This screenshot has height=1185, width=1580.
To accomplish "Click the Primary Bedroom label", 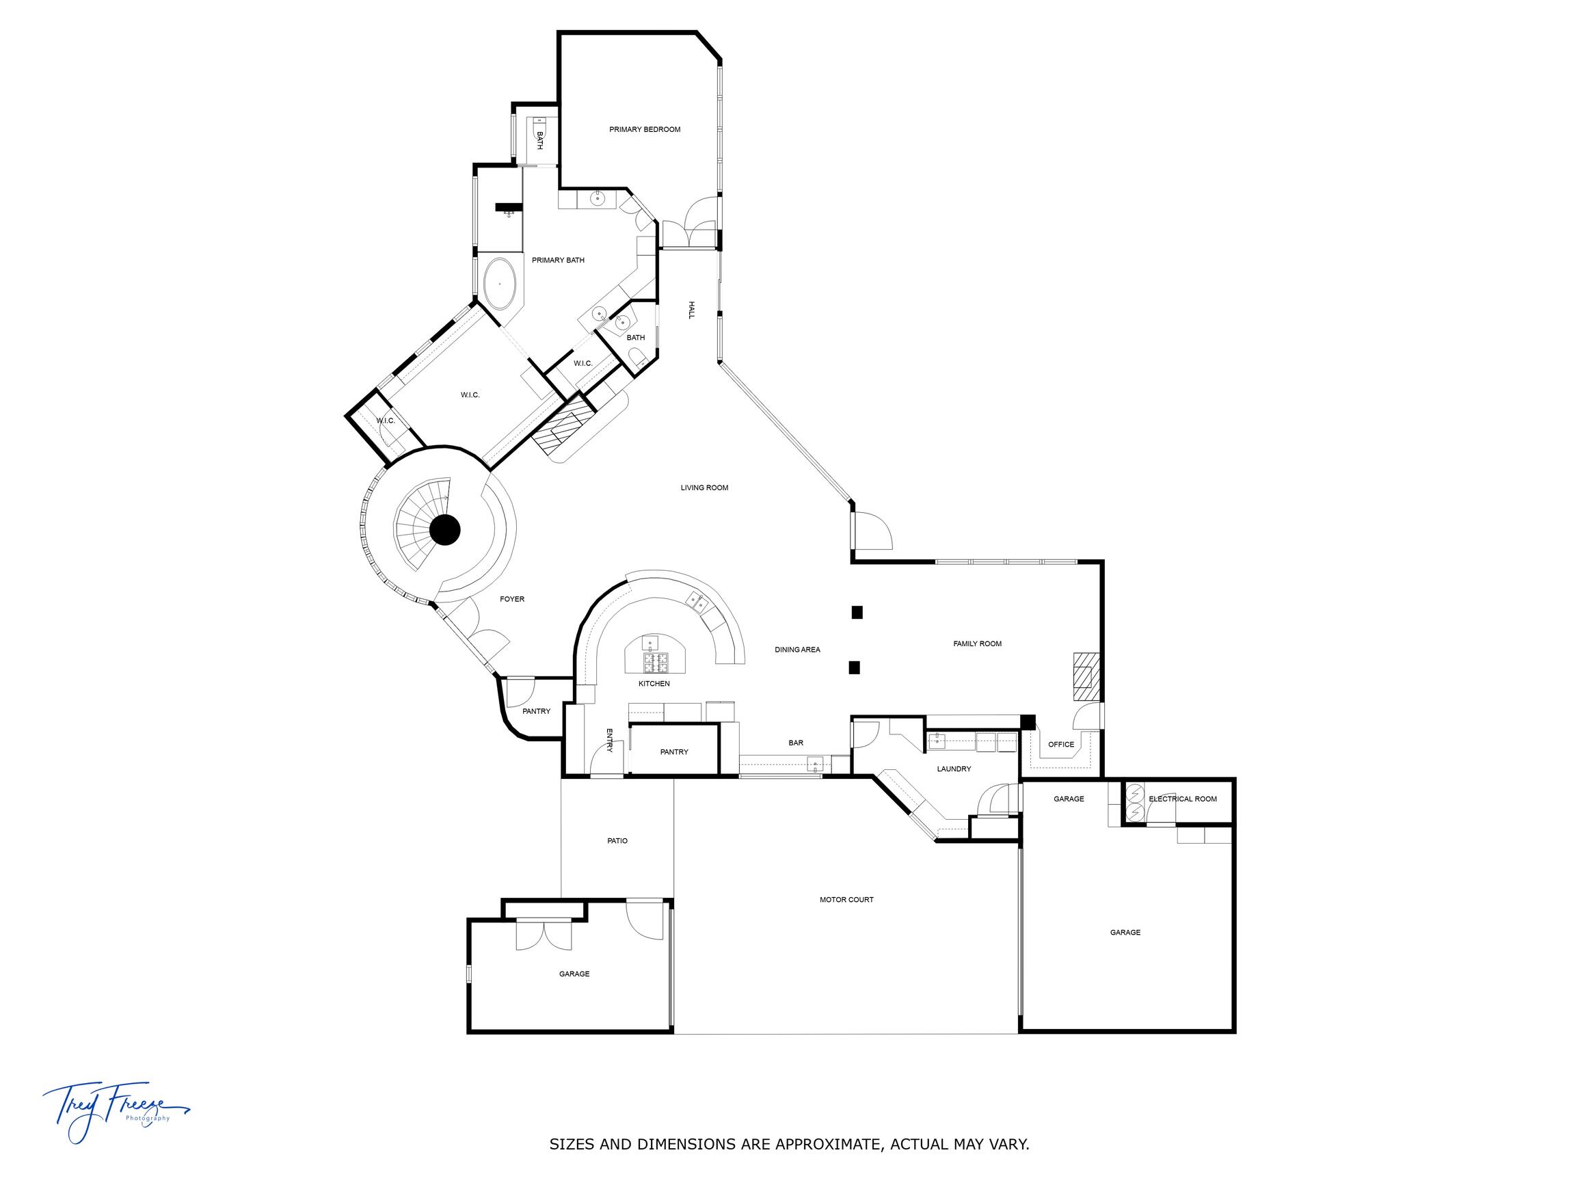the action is click(x=644, y=129).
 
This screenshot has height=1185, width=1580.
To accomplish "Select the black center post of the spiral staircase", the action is click(x=445, y=530).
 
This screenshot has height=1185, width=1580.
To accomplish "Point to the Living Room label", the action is click(x=704, y=488).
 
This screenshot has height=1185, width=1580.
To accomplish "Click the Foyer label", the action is click(x=512, y=599).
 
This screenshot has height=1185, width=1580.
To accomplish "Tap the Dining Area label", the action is click(x=798, y=650).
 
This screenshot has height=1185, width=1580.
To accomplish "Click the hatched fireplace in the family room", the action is click(x=1084, y=676).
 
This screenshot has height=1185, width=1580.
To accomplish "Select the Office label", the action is click(x=1060, y=744).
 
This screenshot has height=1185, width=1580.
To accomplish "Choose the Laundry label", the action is click(x=954, y=769).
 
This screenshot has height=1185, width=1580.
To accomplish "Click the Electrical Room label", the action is click(x=1183, y=799).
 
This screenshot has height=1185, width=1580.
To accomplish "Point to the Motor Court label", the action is click(x=846, y=900).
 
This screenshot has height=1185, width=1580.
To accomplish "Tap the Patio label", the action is click(x=617, y=841).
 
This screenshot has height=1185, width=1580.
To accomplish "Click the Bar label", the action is click(x=796, y=743).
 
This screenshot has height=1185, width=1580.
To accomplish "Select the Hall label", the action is click(x=691, y=309).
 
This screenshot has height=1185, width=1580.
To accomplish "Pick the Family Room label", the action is click(x=977, y=643).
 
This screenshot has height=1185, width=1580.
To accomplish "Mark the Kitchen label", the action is click(x=654, y=684).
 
